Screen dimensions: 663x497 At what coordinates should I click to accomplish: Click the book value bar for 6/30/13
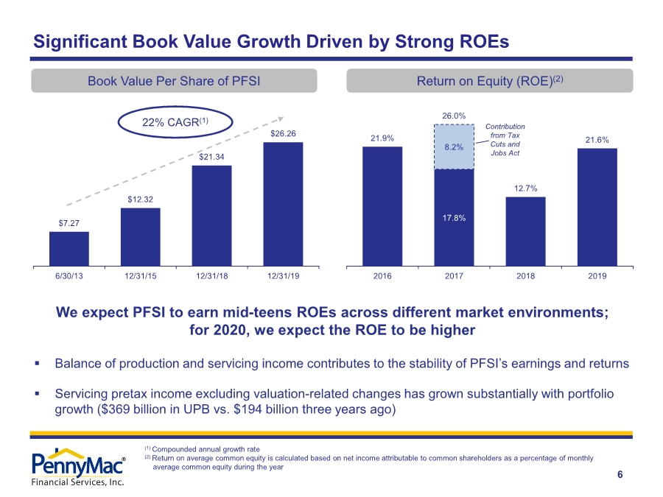(x=69, y=249)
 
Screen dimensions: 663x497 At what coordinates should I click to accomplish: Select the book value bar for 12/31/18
(x=212, y=216)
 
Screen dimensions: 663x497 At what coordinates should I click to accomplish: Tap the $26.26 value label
(x=283, y=133)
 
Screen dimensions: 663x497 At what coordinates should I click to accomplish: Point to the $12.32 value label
(x=141, y=200)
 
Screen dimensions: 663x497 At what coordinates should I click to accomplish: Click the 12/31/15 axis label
(x=141, y=276)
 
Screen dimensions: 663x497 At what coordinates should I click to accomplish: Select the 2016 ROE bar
(x=382, y=207)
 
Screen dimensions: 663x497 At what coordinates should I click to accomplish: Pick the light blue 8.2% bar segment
(x=454, y=147)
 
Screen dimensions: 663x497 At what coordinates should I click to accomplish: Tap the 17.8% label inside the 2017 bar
(x=454, y=218)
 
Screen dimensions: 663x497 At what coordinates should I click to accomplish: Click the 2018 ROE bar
(x=525, y=232)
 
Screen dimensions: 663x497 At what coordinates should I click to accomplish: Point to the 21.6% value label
(x=597, y=140)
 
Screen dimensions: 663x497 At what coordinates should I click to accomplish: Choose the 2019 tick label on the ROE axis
(x=597, y=276)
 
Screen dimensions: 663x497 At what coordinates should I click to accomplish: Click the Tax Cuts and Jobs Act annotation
(x=505, y=139)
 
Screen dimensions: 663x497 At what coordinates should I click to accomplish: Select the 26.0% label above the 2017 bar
(x=454, y=116)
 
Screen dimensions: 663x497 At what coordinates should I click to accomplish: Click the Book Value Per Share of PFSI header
(x=174, y=81)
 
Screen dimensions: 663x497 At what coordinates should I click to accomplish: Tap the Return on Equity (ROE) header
(x=490, y=81)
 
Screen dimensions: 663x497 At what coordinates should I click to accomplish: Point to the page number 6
(x=620, y=475)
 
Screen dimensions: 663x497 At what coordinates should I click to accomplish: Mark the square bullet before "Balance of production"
(x=38, y=363)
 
